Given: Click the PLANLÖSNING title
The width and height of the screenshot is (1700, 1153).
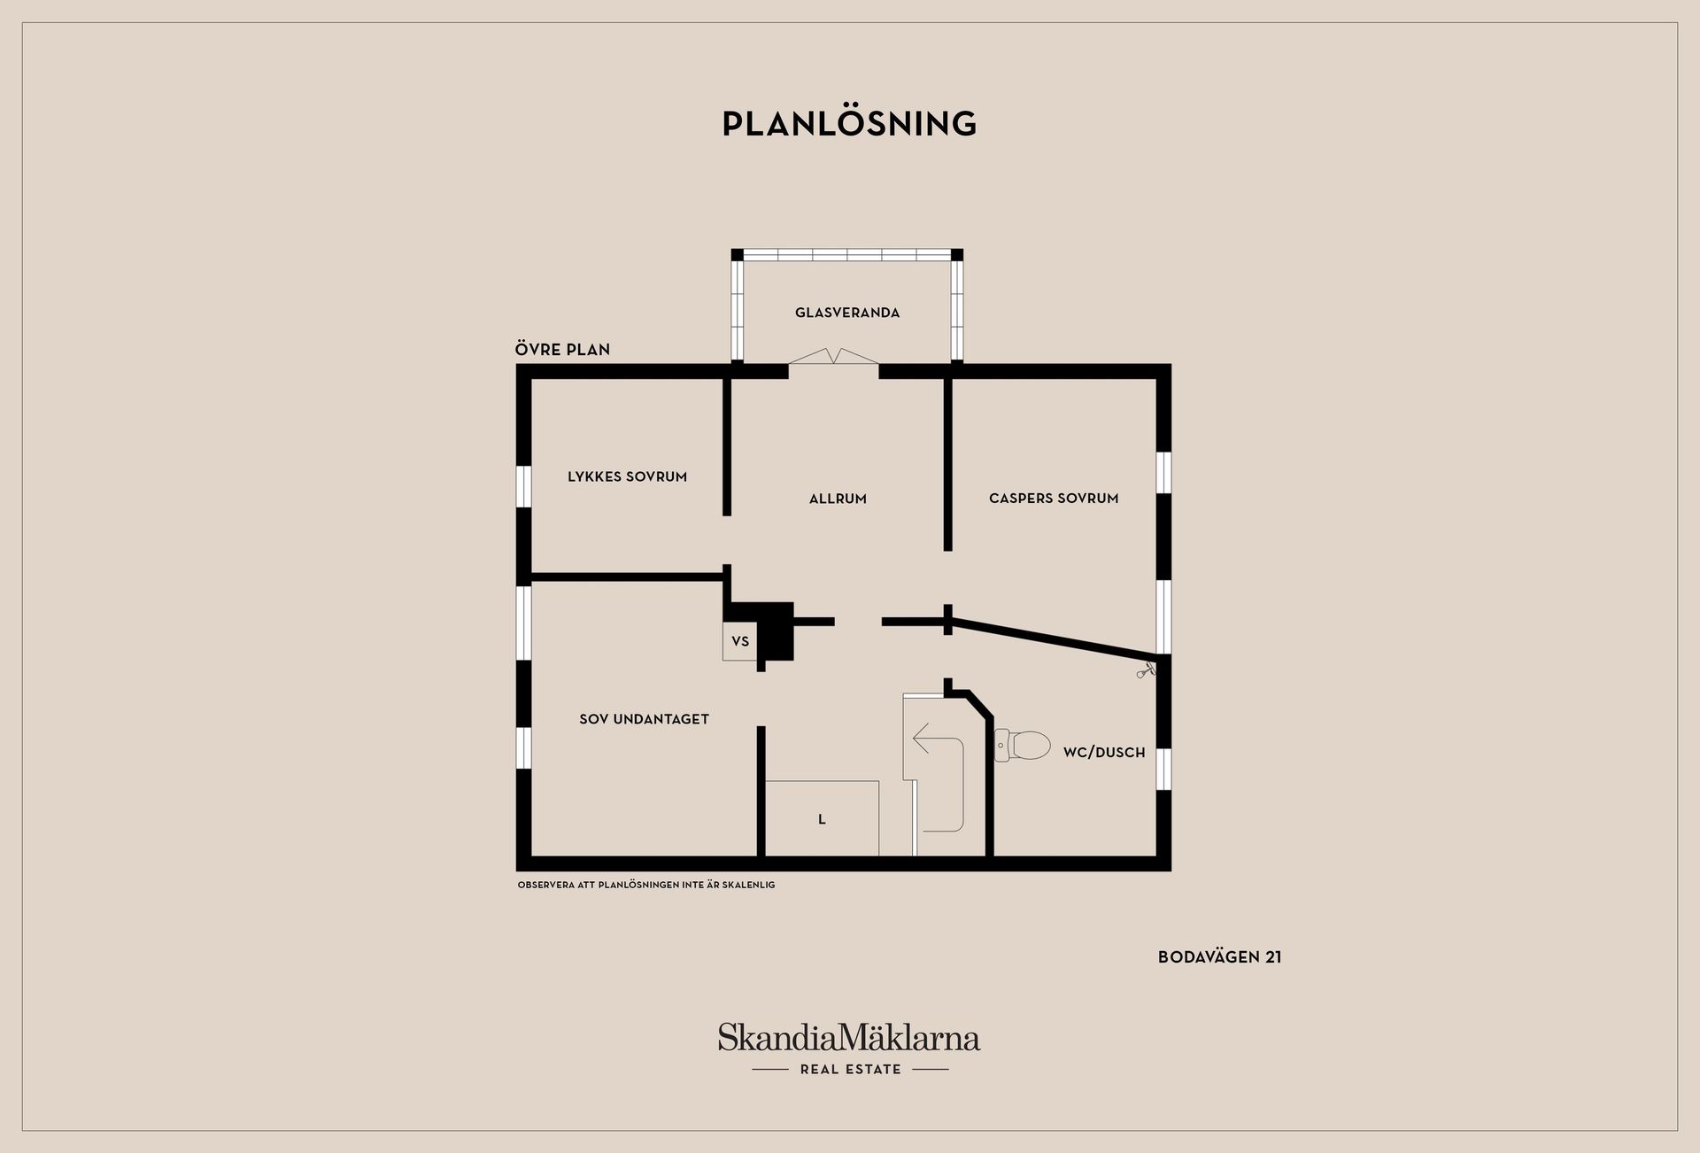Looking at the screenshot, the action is pyautogui.click(x=849, y=123).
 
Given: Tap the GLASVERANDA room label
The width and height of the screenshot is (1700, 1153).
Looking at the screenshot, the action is pyautogui.click(x=847, y=313).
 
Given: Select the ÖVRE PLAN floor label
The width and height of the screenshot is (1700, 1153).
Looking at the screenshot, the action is pyautogui.click(x=562, y=349).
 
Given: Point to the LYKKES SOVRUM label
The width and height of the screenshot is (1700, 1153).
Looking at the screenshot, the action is pyautogui.click(x=627, y=476).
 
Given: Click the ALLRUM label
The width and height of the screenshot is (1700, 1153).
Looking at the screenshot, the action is pyautogui.click(x=838, y=499).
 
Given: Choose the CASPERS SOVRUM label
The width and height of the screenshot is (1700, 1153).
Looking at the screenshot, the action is pyautogui.click(x=1054, y=499).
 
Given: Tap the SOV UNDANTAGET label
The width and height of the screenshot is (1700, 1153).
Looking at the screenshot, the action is pyautogui.click(x=644, y=719).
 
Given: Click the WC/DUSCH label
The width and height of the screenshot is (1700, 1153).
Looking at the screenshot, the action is pyautogui.click(x=1104, y=752).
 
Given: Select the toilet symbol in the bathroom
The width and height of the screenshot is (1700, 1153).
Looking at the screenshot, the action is pyautogui.click(x=1022, y=745).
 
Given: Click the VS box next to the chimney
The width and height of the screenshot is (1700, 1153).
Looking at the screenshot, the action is pyautogui.click(x=740, y=641).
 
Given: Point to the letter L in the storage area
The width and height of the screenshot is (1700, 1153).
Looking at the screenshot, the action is pyautogui.click(x=822, y=819).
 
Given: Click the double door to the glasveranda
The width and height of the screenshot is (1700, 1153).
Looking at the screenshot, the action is pyautogui.click(x=833, y=356).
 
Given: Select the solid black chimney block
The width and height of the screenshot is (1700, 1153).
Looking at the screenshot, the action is pyautogui.click(x=770, y=630).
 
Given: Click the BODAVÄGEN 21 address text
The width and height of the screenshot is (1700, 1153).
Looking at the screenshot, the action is pyautogui.click(x=1219, y=957).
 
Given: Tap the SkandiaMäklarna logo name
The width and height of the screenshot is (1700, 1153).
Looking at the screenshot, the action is pyautogui.click(x=849, y=1037).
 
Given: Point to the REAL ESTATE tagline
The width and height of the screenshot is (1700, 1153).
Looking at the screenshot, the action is pyautogui.click(x=850, y=1070).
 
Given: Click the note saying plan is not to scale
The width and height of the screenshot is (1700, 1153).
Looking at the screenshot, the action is pyautogui.click(x=646, y=885).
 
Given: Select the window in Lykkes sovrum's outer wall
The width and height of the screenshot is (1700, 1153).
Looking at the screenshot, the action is pyautogui.click(x=524, y=486).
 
